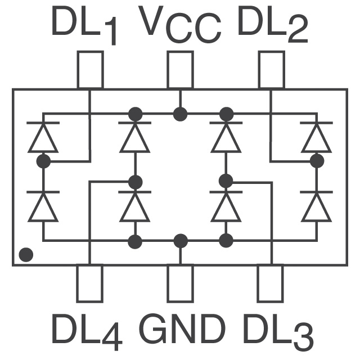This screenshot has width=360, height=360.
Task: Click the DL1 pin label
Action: coord(84,25)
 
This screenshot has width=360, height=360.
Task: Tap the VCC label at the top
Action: coord(180,25)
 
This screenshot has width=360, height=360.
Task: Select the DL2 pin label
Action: coord(273,25)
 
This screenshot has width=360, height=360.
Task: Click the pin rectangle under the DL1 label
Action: coord(90,70)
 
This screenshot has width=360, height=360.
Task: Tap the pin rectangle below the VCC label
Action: coord(180,70)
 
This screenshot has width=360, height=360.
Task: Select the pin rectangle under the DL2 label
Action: coord(272,70)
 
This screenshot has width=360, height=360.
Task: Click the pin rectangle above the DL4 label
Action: coord(89,283)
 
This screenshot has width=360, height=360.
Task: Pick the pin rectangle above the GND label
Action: coord(180,283)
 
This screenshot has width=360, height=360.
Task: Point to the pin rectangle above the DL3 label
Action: coord(270,283)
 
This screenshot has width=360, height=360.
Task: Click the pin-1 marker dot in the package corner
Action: coord(26,255)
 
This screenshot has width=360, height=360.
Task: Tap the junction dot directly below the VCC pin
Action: coord(180,114)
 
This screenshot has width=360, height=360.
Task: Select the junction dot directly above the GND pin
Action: coord(181,241)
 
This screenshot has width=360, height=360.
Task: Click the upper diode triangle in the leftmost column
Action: coord(43,139)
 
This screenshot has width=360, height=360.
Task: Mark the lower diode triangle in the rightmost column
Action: coord(317,208)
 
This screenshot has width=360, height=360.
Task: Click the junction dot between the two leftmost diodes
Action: coord(43,161)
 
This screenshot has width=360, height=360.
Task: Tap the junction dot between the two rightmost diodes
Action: coord(317,161)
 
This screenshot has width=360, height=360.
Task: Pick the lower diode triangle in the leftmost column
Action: coord(43,208)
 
